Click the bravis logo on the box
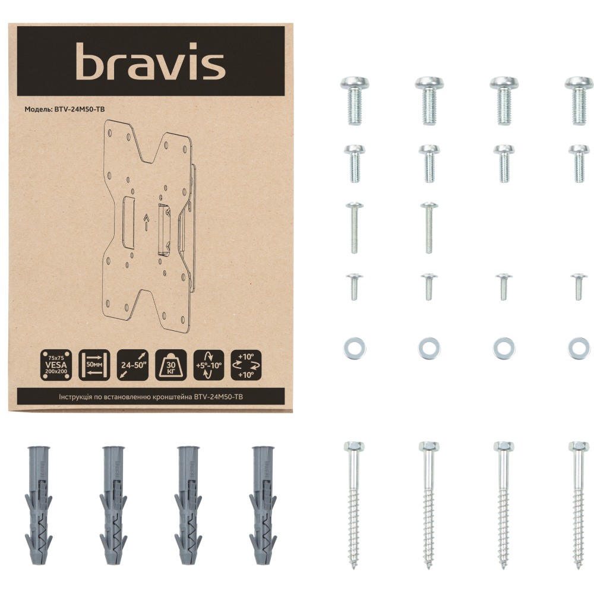(x=151, y=63)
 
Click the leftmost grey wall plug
(x=39, y=505)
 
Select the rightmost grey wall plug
(x=263, y=505)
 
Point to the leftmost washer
(x=354, y=348)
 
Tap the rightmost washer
(x=579, y=348)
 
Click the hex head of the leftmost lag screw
(x=354, y=446)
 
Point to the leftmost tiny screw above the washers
(x=354, y=286)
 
